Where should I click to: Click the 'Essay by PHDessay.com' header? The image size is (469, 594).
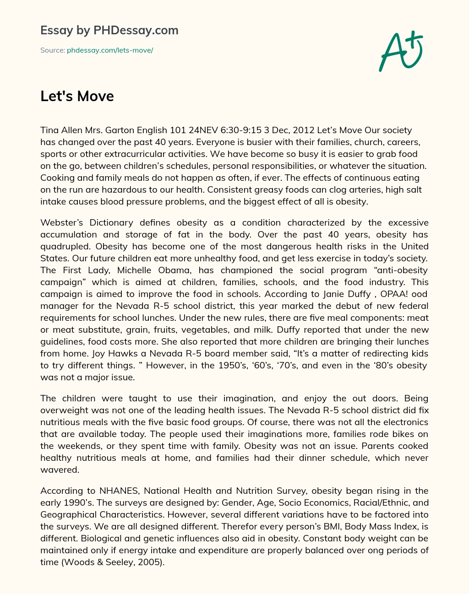[109, 30]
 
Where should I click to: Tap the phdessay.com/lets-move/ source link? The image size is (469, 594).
[110, 50]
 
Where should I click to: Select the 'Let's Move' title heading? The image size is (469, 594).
[77, 96]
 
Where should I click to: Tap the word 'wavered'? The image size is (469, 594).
[60, 470]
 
